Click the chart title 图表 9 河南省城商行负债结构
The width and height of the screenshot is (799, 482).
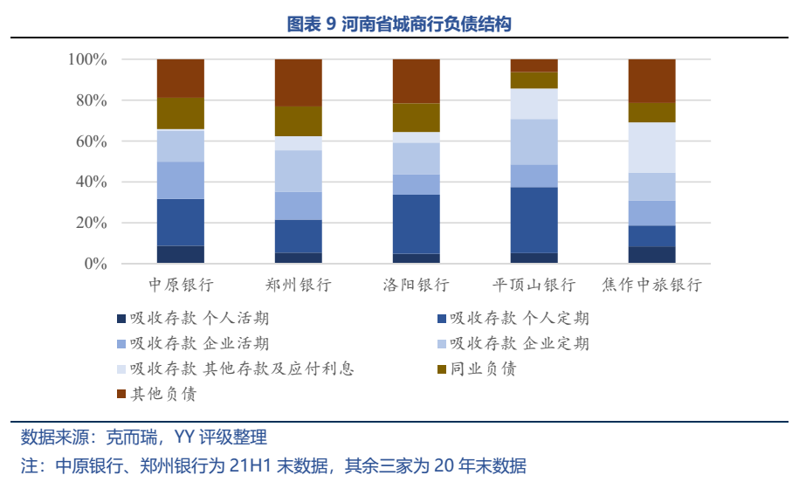(x=399, y=24)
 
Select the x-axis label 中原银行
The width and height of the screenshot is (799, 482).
(x=181, y=286)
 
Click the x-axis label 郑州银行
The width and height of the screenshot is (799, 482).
(x=299, y=286)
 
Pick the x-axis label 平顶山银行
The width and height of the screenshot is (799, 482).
(x=534, y=286)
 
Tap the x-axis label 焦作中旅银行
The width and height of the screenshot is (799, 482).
(x=652, y=286)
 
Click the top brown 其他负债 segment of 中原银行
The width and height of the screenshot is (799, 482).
(x=181, y=78)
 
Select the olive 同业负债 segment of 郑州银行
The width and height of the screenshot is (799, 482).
(x=299, y=120)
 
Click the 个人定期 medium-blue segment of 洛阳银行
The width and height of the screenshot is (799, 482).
(x=417, y=224)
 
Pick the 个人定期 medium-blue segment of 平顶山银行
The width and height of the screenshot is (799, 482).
(x=534, y=219)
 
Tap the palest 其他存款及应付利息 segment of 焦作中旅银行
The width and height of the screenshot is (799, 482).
(x=652, y=148)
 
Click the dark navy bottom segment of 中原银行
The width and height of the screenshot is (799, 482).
(x=181, y=254)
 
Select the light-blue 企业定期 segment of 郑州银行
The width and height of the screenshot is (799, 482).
(x=299, y=171)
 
